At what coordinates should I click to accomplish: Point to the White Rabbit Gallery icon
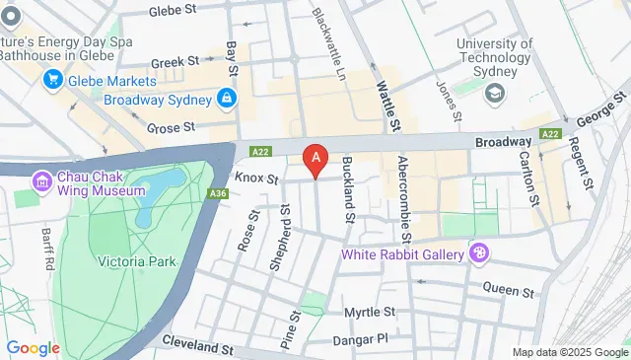(x=479, y=254)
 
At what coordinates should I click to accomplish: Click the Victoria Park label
(x=136, y=262)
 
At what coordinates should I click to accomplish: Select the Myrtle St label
(x=369, y=312)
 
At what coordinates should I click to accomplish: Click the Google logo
(x=33, y=347)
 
